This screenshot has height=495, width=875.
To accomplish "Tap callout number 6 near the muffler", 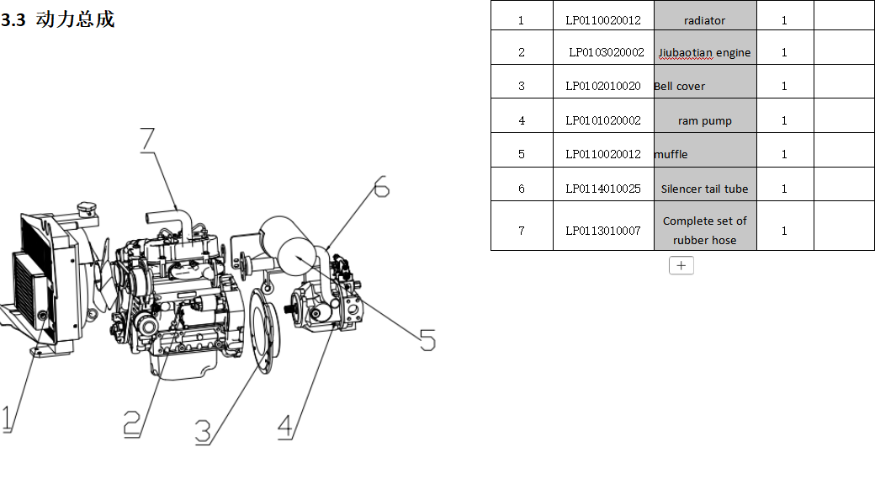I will click(x=381, y=187).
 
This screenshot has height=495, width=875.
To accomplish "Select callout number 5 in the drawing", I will click(x=427, y=340).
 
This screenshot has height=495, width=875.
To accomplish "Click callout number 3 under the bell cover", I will click(x=203, y=431).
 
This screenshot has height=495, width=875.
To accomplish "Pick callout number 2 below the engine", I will click(x=131, y=423).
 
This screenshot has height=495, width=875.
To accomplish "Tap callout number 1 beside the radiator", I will click(x=7, y=418).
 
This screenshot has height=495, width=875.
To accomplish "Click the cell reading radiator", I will click(x=704, y=20).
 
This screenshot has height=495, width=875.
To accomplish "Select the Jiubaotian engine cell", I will click(x=704, y=52).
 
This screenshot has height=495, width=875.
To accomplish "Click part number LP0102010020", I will click(x=602, y=86).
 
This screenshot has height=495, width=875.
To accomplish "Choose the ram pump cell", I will click(x=704, y=120).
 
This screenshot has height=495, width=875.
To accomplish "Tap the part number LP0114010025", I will click(x=602, y=189).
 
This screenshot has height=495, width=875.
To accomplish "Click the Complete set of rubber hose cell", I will click(x=704, y=230).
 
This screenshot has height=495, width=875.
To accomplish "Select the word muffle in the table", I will click(x=671, y=154).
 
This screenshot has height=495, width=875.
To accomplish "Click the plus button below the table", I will click(x=681, y=265).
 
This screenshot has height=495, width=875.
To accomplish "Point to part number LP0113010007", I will click(x=602, y=230).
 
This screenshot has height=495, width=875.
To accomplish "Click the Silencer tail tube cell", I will click(x=704, y=189).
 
